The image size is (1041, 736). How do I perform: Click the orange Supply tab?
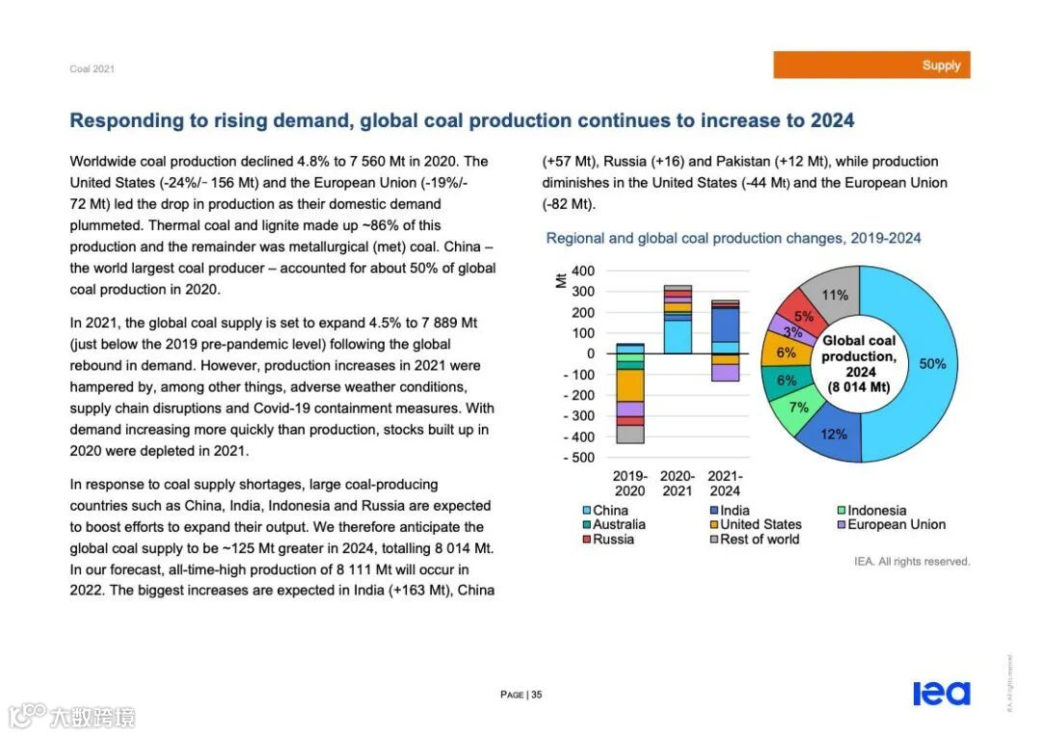click(x=871, y=66)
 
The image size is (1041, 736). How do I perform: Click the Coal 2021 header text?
click(x=92, y=69)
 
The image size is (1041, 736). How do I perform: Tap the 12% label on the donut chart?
click(x=834, y=434)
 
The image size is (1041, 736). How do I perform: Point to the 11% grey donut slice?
click(x=834, y=294)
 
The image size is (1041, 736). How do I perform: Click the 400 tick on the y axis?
click(x=583, y=271)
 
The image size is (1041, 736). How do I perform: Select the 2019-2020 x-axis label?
click(x=630, y=484)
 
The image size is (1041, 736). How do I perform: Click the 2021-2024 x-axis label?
click(x=725, y=484)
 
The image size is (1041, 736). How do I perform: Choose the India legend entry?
click(x=734, y=511)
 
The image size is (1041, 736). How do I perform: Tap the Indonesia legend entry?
click(x=876, y=511)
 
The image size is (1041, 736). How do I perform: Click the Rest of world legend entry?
click(x=760, y=539)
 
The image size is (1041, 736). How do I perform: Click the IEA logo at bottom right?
click(x=942, y=694)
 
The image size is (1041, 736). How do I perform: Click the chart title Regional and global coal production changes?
click(x=734, y=238)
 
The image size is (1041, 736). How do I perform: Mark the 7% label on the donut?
click(x=799, y=407)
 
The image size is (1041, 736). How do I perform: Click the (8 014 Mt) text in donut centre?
click(x=858, y=387)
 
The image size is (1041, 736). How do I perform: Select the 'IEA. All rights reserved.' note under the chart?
click(x=912, y=562)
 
